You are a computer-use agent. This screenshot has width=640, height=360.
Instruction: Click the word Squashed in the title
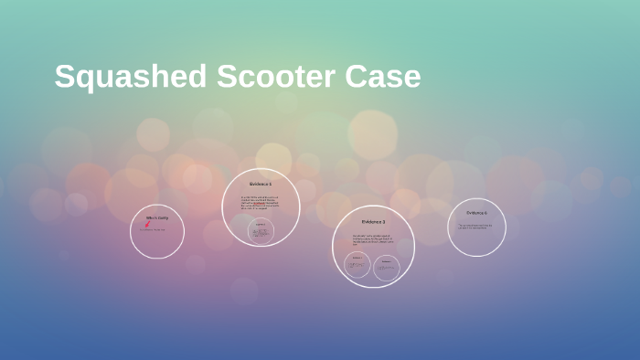pos(131,77)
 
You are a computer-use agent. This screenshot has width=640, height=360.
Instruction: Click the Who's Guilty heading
pos(157,218)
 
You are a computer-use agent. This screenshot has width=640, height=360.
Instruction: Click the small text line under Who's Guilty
pos(152,230)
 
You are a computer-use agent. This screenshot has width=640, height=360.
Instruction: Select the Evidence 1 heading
pos(261,185)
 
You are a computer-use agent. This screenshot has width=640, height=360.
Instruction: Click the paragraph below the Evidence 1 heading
pos(261,203)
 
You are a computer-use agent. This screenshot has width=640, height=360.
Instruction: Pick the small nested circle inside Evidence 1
pos(261,231)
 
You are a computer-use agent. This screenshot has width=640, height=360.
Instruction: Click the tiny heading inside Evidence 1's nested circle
pos(261,224)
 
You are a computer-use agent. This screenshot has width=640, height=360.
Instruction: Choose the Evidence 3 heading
pos(373,222)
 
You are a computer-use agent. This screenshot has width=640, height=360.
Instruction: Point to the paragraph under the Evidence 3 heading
pos(373,239)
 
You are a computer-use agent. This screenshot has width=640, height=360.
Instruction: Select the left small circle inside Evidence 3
pos(357,265)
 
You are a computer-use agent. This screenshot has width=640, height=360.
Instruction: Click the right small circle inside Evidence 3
pos(387,267)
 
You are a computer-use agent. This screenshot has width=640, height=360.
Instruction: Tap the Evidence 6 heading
pos(476,213)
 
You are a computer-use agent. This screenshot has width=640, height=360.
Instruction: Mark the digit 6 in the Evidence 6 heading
pos(485,213)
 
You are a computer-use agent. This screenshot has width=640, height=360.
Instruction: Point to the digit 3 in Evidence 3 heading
pos(384,222)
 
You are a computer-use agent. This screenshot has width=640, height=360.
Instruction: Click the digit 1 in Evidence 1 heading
pos(271,185)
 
